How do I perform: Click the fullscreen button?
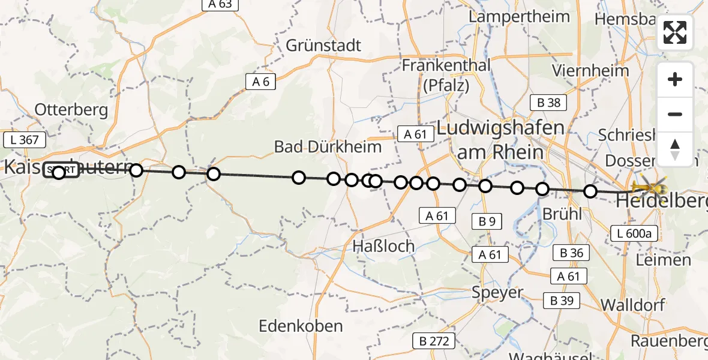675,32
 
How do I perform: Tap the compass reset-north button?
675,149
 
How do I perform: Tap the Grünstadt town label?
323,46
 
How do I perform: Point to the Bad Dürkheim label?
328,146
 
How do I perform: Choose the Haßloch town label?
383,245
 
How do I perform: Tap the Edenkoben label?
301,326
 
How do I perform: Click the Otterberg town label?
71,110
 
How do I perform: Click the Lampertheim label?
509,16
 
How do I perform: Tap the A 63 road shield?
220,4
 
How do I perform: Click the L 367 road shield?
25,140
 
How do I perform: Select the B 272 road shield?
434,341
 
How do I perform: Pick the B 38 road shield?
548,103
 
